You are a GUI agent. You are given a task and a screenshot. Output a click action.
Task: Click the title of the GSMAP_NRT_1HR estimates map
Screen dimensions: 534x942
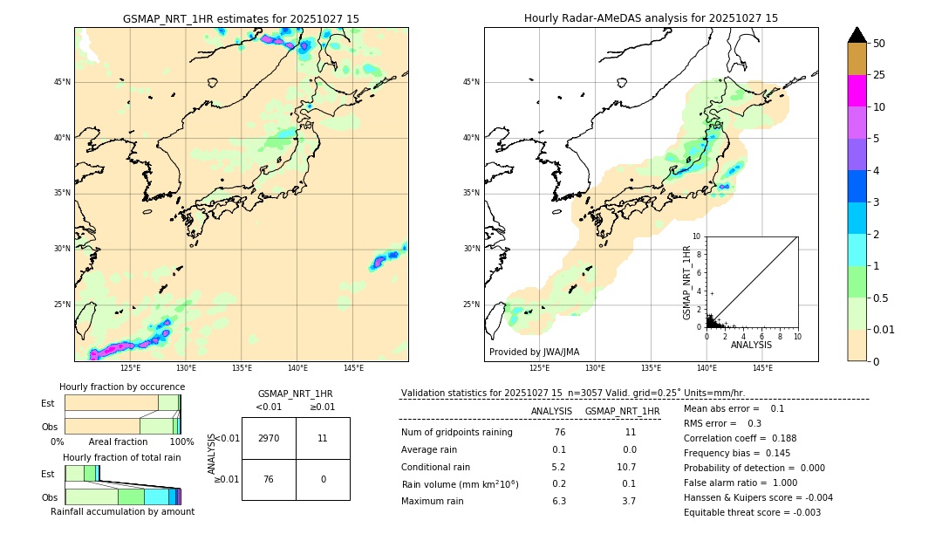(x=241, y=18)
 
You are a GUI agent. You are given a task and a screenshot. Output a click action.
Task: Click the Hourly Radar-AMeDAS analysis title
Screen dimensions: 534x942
(x=651, y=18)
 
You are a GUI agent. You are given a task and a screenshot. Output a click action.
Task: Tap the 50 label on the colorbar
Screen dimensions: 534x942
(x=879, y=44)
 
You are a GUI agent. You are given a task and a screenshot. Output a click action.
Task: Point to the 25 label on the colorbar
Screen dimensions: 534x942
(x=879, y=75)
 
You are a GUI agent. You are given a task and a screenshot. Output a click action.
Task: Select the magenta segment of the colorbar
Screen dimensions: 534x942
(x=857, y=91)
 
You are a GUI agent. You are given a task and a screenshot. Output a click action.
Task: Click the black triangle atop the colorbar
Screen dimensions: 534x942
(x=857, y=35)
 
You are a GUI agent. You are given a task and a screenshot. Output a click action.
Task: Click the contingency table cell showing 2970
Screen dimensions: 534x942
(x=269, y=438)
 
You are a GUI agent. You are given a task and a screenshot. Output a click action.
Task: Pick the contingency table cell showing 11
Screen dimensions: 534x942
(x=323, y=438)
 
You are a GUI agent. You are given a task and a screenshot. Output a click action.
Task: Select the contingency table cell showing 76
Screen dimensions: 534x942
(x=269, y=479)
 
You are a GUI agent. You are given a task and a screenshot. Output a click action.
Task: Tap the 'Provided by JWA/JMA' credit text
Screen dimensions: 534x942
(x=534, y=353)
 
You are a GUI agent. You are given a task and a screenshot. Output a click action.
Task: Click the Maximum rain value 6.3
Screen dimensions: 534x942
(x=559, y=501)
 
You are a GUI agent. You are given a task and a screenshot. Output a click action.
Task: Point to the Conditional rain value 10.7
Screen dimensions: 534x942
(x=629, y=467)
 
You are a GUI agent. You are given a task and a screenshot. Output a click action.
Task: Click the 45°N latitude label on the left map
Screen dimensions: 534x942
(x=62, y=82)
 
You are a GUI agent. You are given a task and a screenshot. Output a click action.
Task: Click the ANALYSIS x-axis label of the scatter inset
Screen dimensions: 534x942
(x=751, y=345)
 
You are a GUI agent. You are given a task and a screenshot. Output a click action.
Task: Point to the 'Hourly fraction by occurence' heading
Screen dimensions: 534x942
(x=122, y=387)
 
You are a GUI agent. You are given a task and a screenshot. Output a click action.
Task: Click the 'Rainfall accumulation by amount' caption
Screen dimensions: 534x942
(x=122, y=511)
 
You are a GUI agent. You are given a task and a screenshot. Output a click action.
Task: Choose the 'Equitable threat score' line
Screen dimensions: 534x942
(x=752, y=512)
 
